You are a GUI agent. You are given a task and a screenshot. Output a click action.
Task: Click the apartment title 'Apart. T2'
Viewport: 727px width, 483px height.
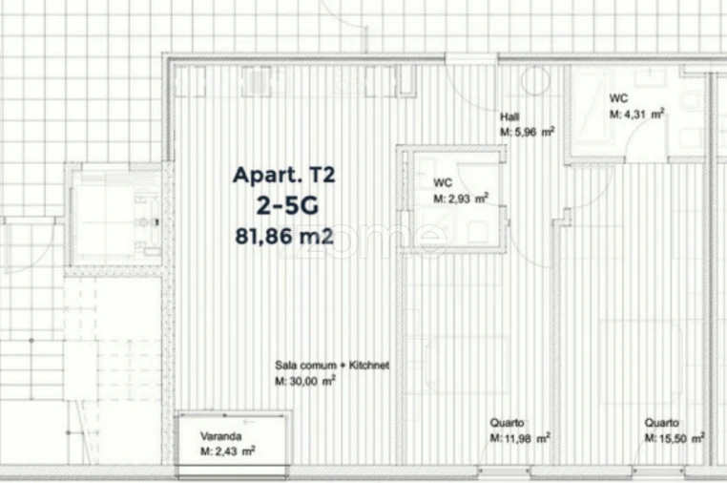point(284,176)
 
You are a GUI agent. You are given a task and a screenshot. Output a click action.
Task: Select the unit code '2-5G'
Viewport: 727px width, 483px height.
point(284,205)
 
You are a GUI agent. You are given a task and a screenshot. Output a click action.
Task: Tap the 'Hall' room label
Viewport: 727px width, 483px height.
point(509,117)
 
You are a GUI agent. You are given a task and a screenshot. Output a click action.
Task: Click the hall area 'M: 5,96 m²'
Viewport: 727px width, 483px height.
point(528,133)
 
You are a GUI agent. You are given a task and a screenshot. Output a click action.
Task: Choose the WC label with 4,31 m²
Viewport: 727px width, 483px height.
point(618,97)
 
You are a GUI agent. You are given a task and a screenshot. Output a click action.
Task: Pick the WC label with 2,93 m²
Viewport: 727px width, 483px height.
point(443,182)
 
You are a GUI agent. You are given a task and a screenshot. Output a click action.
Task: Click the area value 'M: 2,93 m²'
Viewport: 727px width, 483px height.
point(461,199)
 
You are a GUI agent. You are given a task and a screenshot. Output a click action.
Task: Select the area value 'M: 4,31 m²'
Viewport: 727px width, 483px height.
point(636,113)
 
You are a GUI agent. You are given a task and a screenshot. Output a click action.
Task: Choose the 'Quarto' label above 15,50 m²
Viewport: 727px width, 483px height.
point(661,423)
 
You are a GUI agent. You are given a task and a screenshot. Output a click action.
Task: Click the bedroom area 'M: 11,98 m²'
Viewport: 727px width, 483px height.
point(520,438)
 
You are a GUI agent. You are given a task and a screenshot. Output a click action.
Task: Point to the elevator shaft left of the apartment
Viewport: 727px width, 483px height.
point(115,215)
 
